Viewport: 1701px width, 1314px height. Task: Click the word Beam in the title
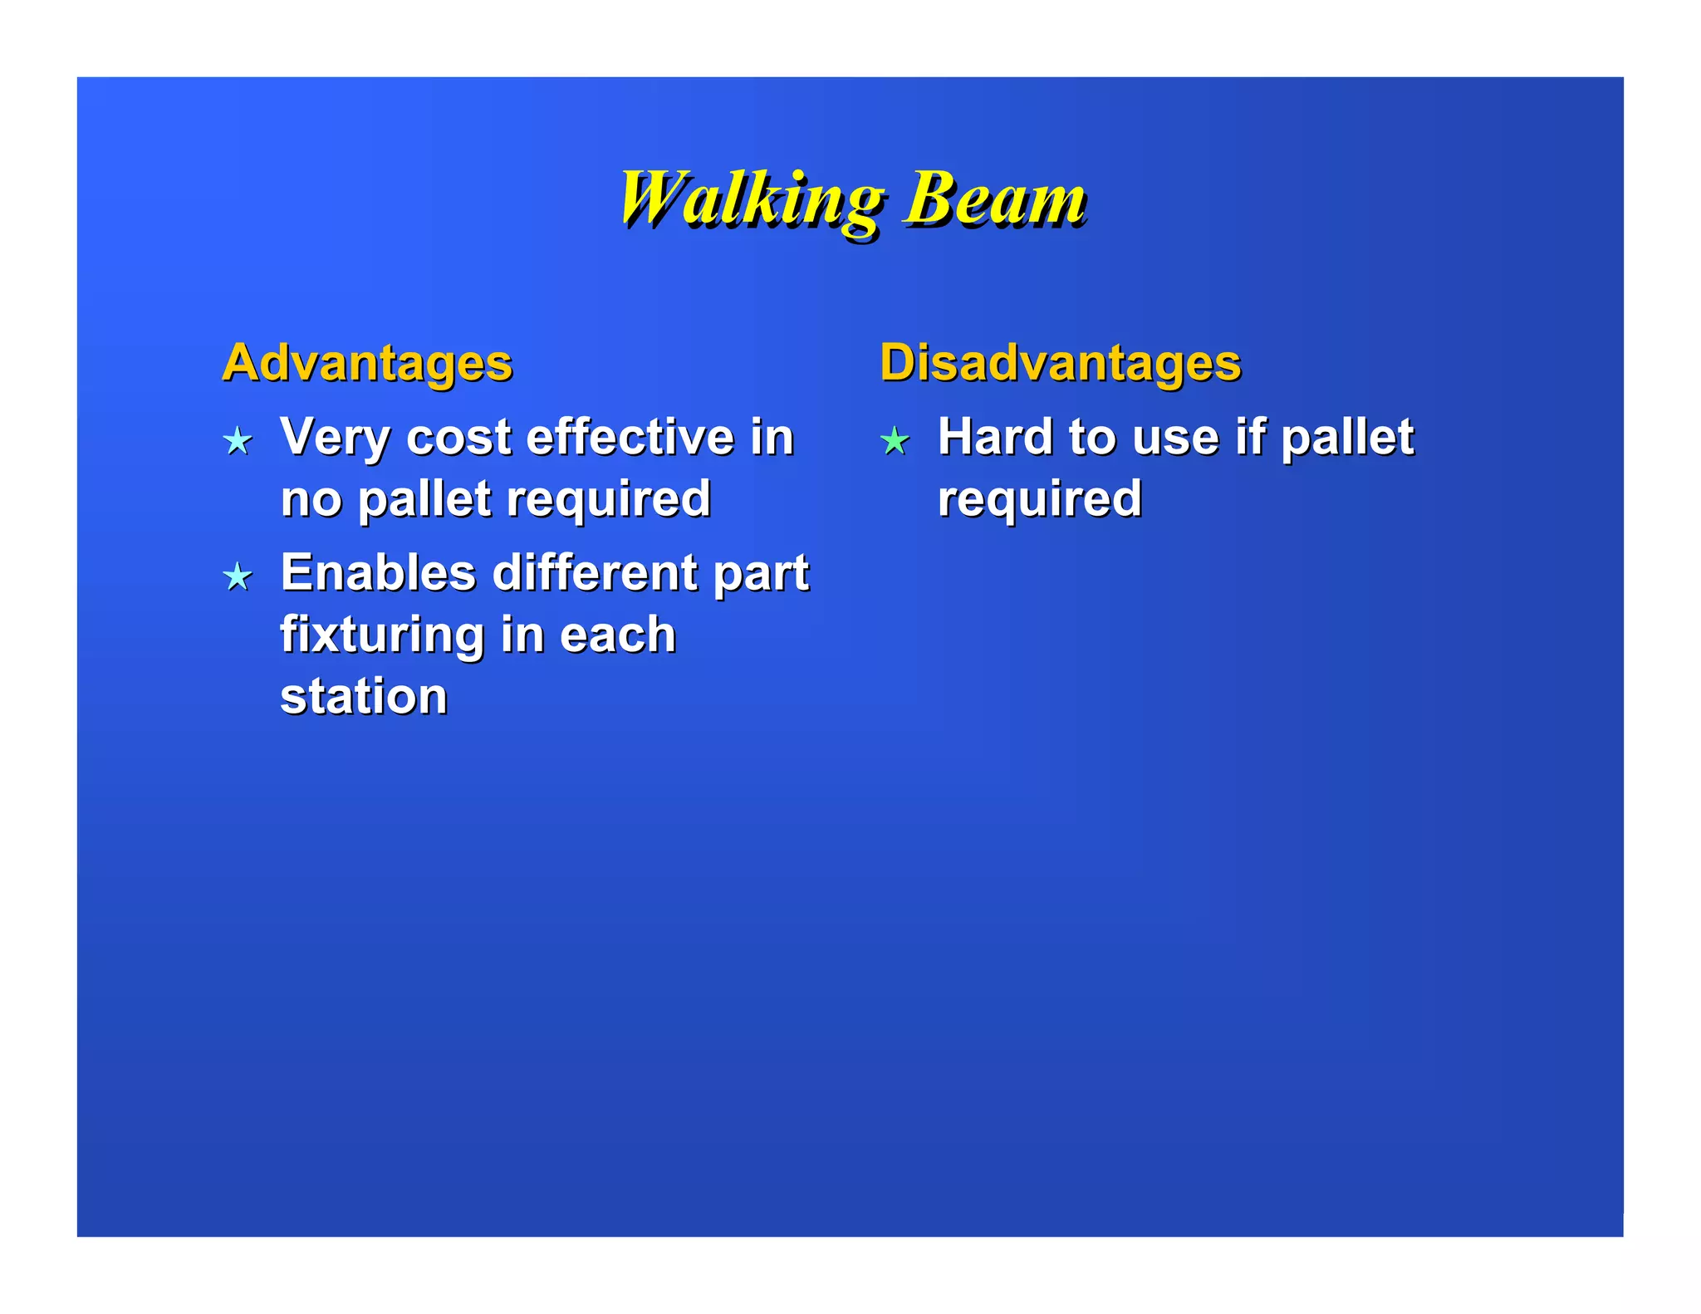coord(994,199)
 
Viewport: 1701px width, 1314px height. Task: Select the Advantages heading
coord(367,363)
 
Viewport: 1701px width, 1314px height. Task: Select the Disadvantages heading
coord(1060,363)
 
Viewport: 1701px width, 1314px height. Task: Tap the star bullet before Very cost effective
coord(238,440)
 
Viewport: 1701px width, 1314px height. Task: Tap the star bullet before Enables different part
coord(238,576)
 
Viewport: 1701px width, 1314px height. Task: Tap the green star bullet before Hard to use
coord(895,440)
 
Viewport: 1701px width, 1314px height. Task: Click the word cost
coord(458,438)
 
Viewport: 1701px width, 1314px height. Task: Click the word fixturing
coord(381,635)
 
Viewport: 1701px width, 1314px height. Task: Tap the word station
coord(364,696)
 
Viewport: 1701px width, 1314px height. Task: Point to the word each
coord(618,635)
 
